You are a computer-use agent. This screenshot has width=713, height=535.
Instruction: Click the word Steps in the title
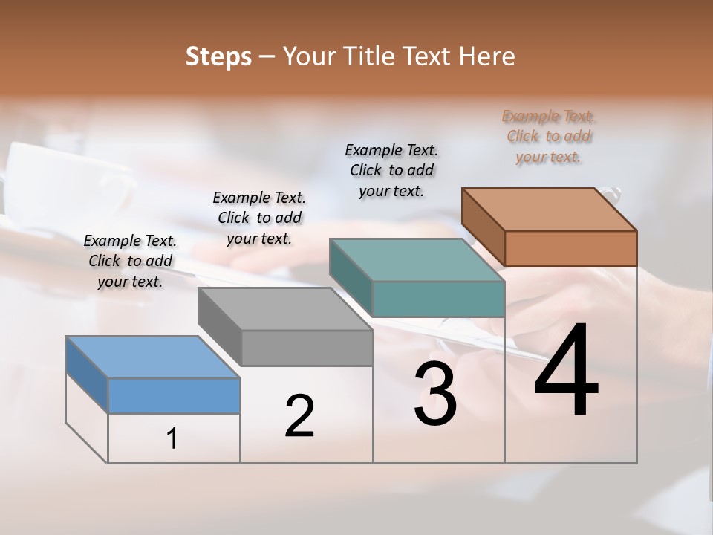coord(218,56)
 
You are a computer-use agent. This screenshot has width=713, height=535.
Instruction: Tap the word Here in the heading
coord(486,56)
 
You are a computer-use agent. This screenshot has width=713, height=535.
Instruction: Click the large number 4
coord(566,371)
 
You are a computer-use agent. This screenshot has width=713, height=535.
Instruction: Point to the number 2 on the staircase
coord(299,416)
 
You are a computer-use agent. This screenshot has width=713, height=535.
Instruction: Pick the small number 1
coord(172,439)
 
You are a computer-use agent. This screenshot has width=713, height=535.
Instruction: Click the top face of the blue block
coord(152,357)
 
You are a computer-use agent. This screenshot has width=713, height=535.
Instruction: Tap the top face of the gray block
coord(284,309)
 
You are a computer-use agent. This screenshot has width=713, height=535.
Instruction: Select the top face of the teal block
coord(417,261)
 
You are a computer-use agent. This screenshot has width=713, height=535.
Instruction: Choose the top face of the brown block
coord(549,210)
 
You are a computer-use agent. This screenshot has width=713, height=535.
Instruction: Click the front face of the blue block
coord(174,395)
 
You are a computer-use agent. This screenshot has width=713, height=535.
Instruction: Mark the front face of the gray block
coord(307,348)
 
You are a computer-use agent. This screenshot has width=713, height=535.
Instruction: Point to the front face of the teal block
coord(438,299)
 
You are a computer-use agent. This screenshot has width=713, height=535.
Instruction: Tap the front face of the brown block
coord(570,248)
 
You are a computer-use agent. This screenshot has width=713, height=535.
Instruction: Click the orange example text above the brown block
coord(548,137)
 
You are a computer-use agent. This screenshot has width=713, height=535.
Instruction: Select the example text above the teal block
coord(391,171)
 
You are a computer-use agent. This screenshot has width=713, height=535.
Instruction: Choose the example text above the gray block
coord(259,218)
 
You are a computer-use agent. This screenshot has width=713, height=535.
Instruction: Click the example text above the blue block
coord(130,261)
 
